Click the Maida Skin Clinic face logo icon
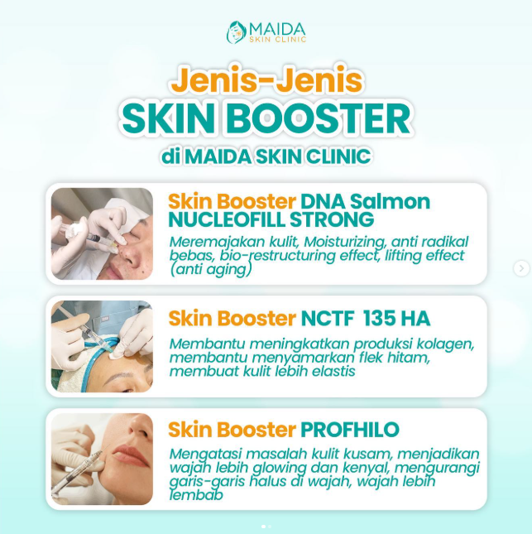(x=237, y=32)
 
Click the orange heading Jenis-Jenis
(x=267, y=80)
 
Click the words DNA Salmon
(x=365, y=201)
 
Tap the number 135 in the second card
(x=380, y=319)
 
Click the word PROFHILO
(x=350, y=430)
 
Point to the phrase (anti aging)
(x=211, y=269)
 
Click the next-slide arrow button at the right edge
(x=521, y=268)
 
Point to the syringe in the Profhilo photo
(x=78, y=474)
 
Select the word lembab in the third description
(x=196, y=495)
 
